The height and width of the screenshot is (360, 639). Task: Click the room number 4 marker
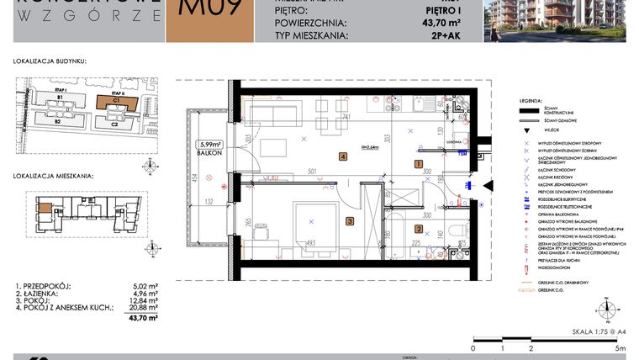click(343, 156)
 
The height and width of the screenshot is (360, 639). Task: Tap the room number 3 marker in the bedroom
click(349, 221)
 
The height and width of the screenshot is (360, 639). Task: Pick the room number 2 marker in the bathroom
click(418, 230)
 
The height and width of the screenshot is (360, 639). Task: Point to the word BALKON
click(210, 154)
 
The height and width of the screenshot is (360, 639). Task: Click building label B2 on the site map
click(58, 122)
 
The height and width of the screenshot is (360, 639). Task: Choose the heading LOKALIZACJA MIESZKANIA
click(54, 177)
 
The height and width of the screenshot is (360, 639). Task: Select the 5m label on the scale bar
click(620, 347)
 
